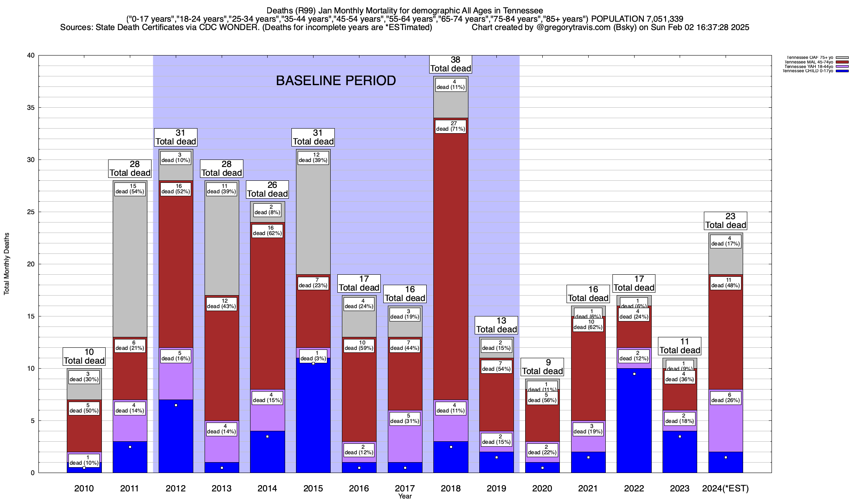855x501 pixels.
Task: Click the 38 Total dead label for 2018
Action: tap(450, 64)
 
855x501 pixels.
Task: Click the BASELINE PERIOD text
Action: tap(336, 81)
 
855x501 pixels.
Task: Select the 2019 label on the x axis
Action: tap(496, 488)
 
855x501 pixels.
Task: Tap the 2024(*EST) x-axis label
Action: tap(726, 488)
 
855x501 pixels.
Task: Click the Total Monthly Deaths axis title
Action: tap(7, 264)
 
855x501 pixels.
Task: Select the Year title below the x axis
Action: tap(405, 496)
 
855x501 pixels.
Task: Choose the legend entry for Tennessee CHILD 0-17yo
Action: tap(807, 71)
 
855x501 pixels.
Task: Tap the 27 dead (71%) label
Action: tap(450, 126)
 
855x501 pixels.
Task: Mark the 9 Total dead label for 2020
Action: tap(542, 367)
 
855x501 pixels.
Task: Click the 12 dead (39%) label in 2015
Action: tap(313, 157)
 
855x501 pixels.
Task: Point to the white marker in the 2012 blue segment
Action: tap(176, 405)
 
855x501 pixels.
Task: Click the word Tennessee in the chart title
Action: tap(523, 10)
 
